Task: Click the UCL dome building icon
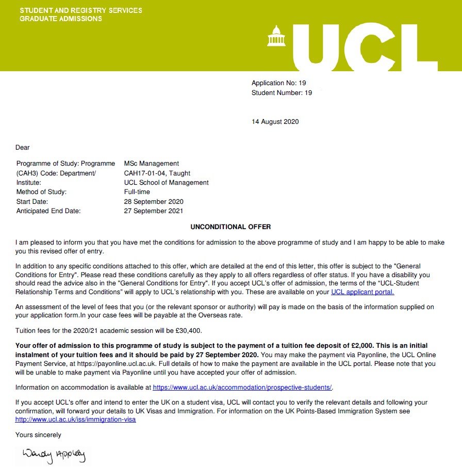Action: click(276, 36)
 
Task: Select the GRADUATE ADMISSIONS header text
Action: click(61, 19)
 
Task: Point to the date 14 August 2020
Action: click(275, 122)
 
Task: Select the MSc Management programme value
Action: click(152, 164)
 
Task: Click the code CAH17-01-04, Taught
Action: click(157, 173)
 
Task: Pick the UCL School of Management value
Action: click(167, 183)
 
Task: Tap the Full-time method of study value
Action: click(137, 192)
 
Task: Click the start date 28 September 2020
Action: click(154, 202)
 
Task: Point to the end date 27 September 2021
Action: click(154, 211)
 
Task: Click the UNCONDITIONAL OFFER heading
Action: click(230, 227)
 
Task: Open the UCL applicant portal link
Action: click(362, 292)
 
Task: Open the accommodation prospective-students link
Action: click(243, 387)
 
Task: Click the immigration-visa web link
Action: click(76, 420)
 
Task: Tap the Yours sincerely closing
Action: click(38, 435)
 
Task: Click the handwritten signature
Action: click(54, 455)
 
